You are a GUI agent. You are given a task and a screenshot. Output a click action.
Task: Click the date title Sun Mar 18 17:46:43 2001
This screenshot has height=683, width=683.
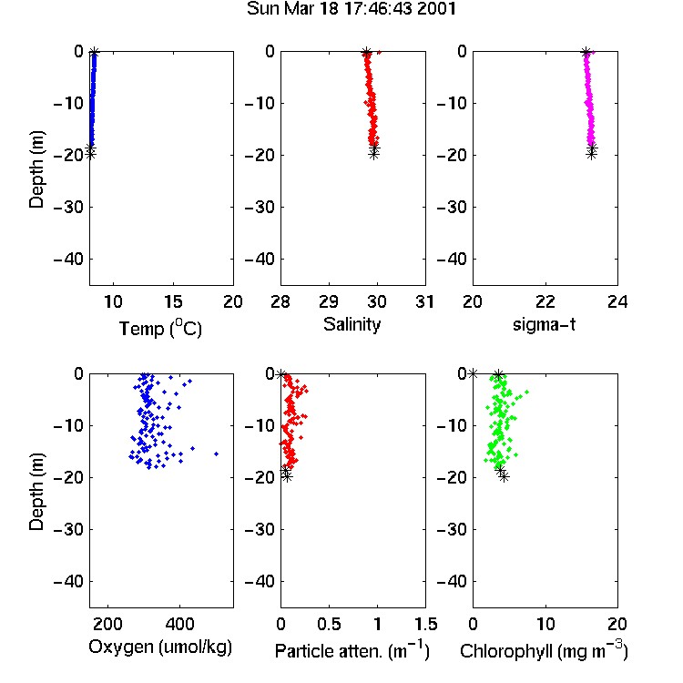(352, 9)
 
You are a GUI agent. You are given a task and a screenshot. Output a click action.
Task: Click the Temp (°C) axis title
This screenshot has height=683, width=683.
(160, 328)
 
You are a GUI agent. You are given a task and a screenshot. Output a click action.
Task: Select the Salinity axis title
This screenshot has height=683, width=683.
(352, 324)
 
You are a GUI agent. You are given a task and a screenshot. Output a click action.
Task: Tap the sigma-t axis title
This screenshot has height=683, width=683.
(544, 324)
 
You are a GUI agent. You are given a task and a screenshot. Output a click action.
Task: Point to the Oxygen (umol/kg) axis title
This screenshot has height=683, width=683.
(160, 647)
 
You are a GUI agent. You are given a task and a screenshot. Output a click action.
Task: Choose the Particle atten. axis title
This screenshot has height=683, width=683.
(352, 650)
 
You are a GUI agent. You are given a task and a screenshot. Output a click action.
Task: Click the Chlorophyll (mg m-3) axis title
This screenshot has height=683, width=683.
(544, 650)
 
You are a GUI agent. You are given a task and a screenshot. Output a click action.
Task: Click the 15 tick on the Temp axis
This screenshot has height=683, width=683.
(173, 301)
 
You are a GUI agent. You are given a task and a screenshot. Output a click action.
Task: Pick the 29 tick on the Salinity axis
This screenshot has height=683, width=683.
(329, 301)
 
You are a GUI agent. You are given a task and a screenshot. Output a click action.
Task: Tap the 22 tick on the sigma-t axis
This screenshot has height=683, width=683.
(545, 301)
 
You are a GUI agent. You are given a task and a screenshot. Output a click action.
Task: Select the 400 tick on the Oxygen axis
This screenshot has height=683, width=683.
(179, 624)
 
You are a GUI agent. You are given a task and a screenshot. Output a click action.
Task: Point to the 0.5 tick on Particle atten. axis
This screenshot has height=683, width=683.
(329, 624)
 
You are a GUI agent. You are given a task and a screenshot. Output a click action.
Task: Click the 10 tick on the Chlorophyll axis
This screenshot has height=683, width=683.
(545, 624)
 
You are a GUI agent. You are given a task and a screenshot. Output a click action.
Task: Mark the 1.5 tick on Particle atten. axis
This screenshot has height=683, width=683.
(425, 624)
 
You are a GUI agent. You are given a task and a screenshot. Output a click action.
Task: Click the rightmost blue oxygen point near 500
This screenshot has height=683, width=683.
(216, 454)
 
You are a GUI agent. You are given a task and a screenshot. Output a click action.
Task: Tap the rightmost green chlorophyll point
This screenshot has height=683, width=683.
(527, 392)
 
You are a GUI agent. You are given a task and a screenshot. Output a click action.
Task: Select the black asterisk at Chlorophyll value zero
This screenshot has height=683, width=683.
(473, 373)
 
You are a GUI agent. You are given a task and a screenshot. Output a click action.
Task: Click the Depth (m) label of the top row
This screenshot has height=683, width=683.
(37, 169)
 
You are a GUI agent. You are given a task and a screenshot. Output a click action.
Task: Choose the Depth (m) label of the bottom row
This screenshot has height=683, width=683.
(37, 492)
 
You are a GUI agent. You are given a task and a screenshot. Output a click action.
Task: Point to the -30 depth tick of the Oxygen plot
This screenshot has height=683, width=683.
(69, 529)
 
